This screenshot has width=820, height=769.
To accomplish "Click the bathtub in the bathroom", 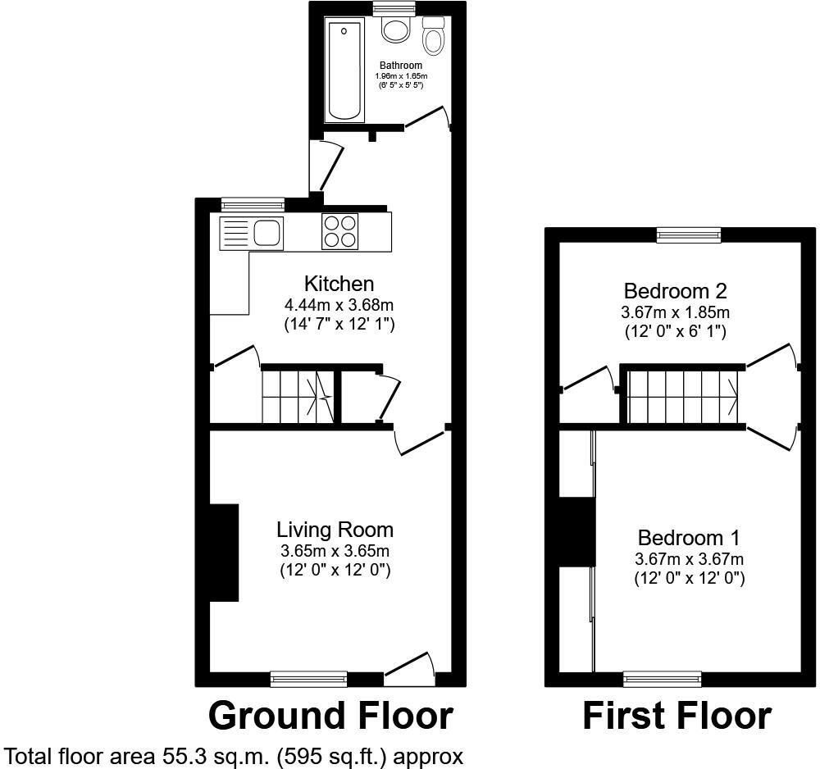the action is (x=344, y=70).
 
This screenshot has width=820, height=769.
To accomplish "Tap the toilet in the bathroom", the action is (x=432, y=35).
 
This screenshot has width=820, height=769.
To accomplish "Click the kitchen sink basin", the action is (x=268, y=233).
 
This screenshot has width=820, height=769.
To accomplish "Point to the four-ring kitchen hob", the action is (x=340, y=231).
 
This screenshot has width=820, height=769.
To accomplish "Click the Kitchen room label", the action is (x=339, y=284).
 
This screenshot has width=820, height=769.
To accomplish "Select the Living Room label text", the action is (x=335, y=530).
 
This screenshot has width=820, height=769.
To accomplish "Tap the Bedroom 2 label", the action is (x=675, y=291).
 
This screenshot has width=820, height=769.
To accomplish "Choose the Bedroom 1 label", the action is (x=689, y=538).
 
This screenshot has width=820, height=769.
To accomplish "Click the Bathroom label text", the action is (x=401, y=66).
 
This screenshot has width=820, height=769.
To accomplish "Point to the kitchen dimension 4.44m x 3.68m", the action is (x=339, y=305).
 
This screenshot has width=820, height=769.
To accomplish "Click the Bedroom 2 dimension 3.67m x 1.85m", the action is (x=675, y=312).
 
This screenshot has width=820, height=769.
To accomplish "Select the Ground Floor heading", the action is (x=330, y=716).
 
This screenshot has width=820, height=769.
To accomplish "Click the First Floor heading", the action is (x=677, y=716).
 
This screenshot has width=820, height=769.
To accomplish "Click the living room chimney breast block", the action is (x=225, y=553).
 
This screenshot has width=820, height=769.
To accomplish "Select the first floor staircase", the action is (x=682, y=396).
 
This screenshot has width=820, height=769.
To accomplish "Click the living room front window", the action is (x=308, y=679).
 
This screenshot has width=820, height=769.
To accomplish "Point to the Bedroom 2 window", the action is (x=690, y=234).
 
